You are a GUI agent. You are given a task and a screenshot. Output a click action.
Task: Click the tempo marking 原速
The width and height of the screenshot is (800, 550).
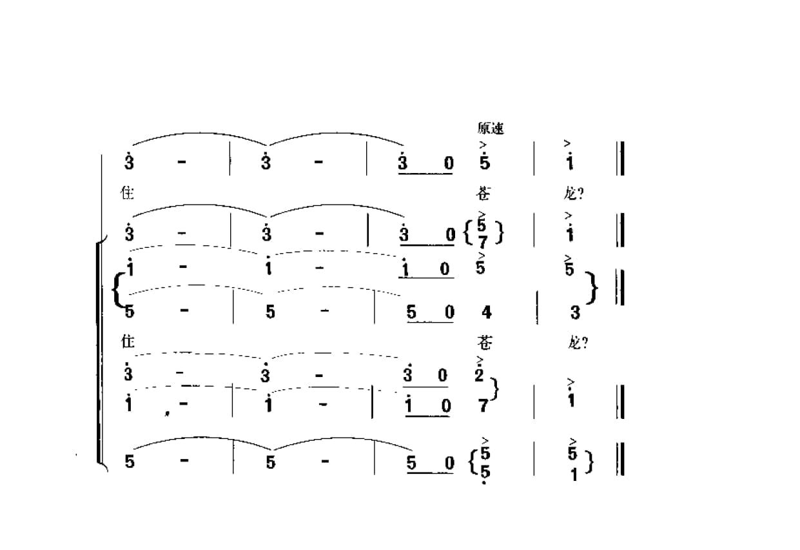click(491, 128)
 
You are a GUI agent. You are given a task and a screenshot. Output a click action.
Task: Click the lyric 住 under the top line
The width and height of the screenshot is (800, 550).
click(128, 192)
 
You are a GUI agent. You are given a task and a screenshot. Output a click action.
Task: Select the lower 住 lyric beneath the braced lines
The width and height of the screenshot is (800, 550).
click(128, 341)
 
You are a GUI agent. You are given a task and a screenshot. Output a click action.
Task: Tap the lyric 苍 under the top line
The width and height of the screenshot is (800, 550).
click(484, 192)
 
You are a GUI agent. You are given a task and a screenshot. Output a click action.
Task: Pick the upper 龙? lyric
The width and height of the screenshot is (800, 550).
click(578, 193)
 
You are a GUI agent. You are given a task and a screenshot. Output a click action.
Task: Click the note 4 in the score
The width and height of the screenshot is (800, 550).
click(486, 313)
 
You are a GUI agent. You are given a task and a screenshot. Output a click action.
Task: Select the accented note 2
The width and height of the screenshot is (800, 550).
click(479, 374)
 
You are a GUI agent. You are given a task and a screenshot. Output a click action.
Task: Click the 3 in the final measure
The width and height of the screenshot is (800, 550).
click(575, 313)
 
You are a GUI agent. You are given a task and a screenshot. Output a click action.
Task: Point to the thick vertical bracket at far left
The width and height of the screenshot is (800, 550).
click(99, 352)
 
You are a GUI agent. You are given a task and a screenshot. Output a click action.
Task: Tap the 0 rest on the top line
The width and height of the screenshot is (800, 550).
click(448, 164)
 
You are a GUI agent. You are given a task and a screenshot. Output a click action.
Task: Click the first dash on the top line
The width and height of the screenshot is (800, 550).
click(182, 162)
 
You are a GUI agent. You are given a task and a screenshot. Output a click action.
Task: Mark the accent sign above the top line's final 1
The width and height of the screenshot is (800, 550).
click(567, 144)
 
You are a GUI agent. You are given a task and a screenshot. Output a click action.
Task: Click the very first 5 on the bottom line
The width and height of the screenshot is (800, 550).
click(130, 463)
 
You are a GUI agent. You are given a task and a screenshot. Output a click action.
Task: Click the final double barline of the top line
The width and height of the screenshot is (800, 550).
click(620, 158)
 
